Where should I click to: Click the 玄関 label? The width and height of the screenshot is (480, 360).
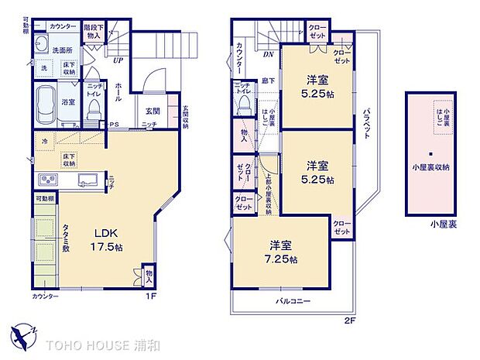[x=152, y=111]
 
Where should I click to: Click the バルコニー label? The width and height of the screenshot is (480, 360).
[x=291, y=299]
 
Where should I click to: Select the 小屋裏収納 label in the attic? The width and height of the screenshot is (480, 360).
[x=433, y=165]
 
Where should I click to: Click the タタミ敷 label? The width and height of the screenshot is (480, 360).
[x=66, y=245]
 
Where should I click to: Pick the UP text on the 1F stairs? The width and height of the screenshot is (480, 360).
[x=118, y=60]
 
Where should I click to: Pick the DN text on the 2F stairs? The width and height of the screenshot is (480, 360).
[x=269, y=55]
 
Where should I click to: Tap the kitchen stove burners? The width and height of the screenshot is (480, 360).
[x=46, y=180]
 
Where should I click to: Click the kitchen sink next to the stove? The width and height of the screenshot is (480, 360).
[x=85, y=180]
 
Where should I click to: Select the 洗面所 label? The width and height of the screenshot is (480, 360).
[x=62, y=50]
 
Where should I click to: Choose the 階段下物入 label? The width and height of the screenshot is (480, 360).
[x=93, y=31]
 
